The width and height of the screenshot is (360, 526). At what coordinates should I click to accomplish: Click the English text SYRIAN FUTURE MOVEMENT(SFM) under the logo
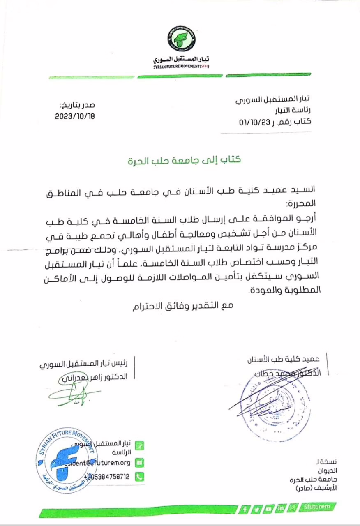click(181, 66)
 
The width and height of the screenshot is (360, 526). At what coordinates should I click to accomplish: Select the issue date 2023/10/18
click(75, 116)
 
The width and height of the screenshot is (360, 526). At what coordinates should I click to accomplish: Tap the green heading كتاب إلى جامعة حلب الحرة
click(183, 160)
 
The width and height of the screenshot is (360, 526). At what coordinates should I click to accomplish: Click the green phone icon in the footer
click(140, 477)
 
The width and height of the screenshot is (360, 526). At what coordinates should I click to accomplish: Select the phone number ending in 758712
click(108, 477)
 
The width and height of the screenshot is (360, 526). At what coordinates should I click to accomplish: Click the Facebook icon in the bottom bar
click(245, 509)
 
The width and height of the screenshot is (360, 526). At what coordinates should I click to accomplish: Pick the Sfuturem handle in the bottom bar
click(318, 506)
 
